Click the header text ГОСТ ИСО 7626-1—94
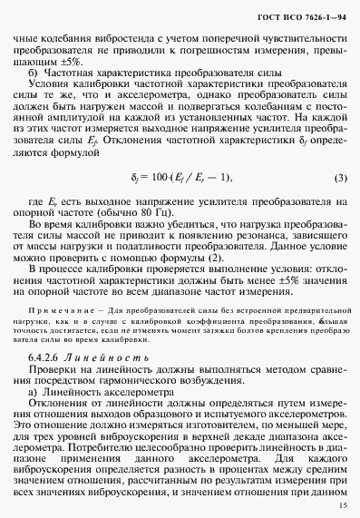point(300,15)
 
